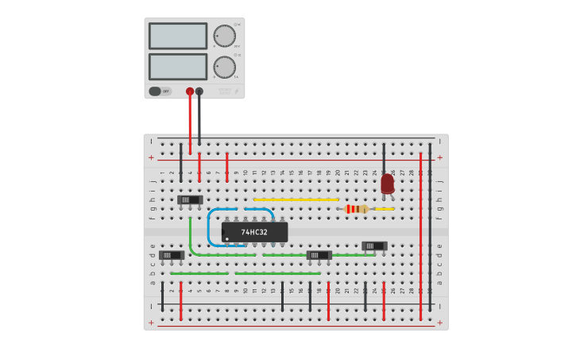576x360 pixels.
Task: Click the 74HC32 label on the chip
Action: point(254,232)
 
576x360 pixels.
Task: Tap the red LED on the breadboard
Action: point(387,184)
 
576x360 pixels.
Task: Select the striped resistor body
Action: point(357,209)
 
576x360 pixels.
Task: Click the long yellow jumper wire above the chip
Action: point(296,199)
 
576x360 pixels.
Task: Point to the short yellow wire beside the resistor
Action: point(385,209)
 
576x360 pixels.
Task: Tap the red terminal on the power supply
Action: point(189,91)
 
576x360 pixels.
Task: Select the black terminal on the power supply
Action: point(199,91)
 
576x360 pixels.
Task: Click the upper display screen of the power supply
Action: point(177,36)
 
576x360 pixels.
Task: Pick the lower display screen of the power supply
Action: point(177,66)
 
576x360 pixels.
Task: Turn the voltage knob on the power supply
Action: point(224,36)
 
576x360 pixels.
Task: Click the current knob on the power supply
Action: point(224,67)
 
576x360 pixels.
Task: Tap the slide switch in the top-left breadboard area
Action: point(189,199)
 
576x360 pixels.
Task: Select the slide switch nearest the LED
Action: point(374,246)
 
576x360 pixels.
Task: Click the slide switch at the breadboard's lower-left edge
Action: point(172,255)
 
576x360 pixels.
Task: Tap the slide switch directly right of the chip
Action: point(319,255)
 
